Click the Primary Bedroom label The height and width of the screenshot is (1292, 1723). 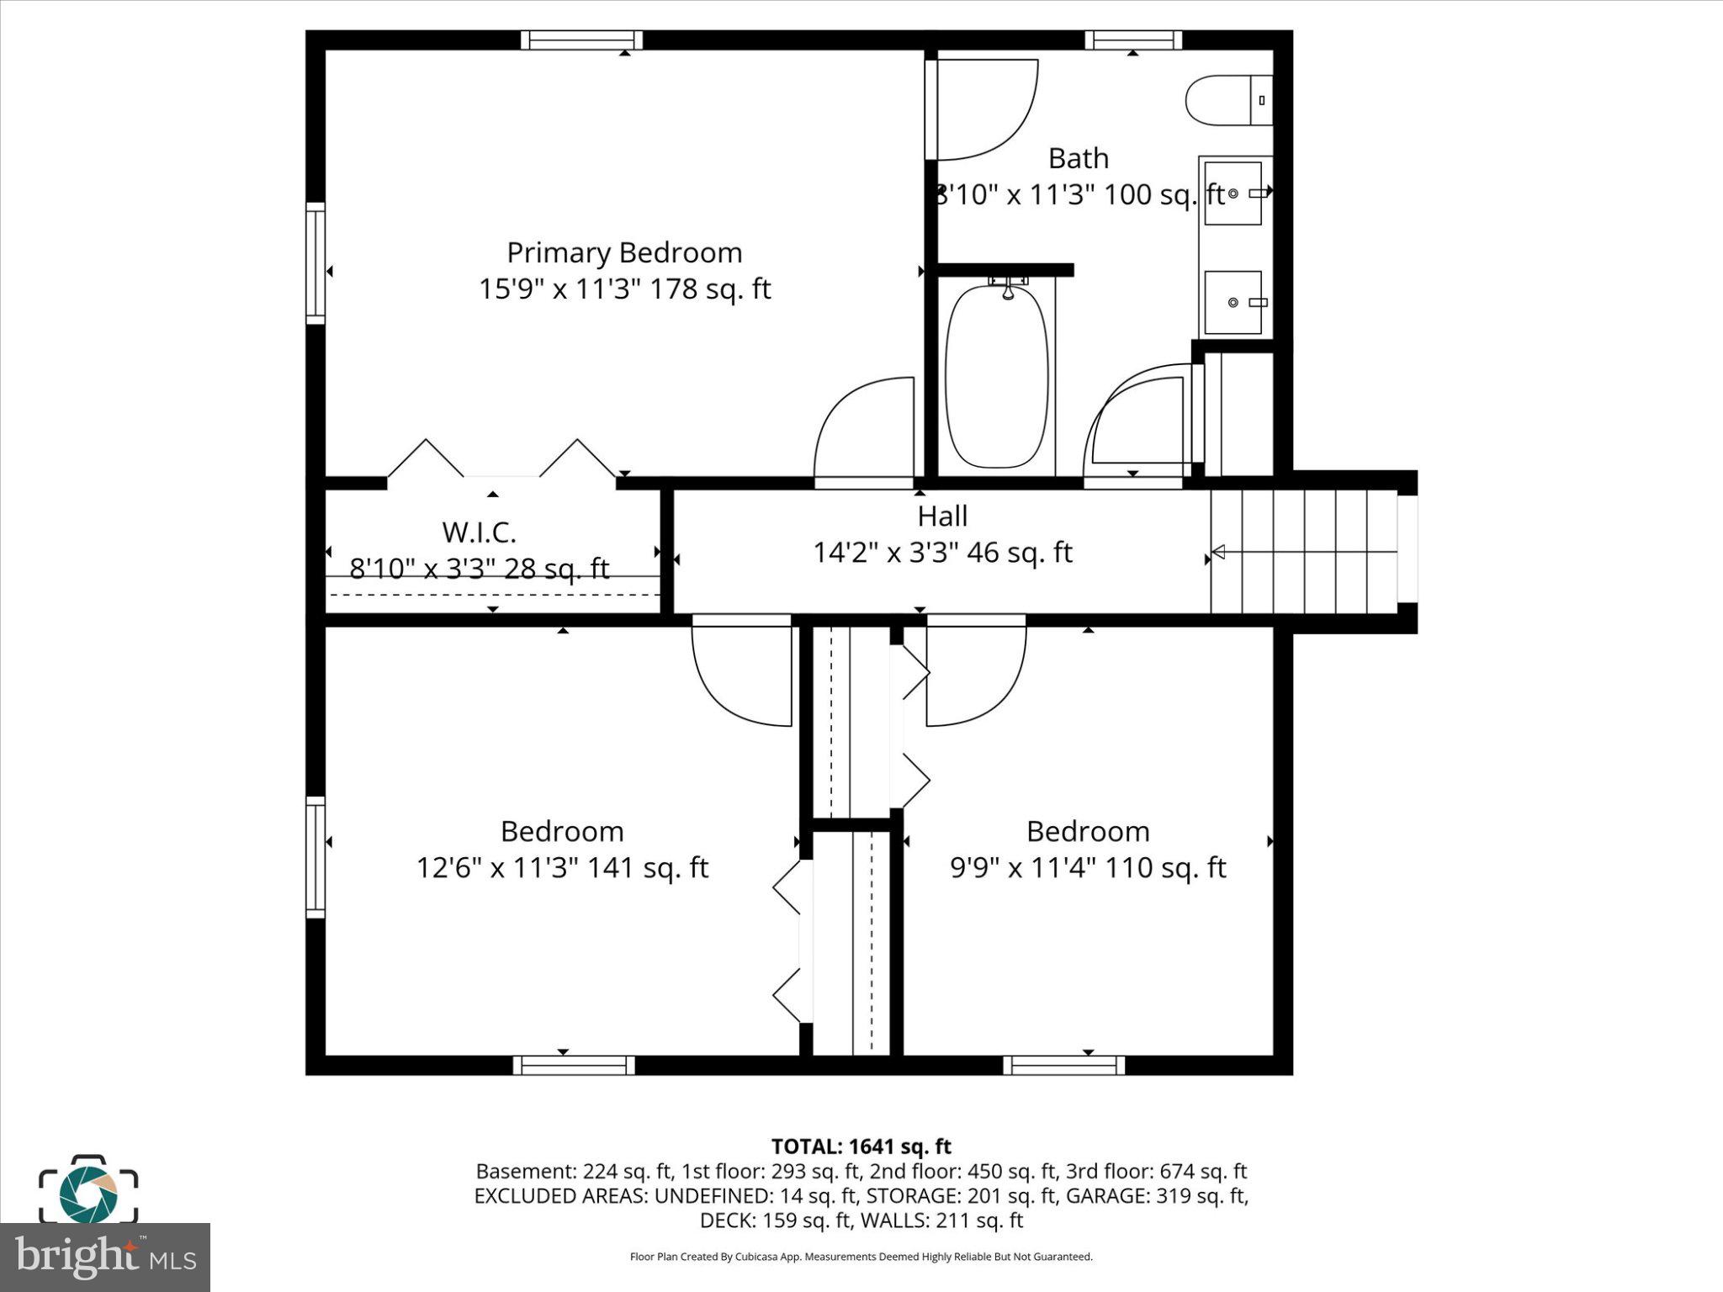[x=624, y=252]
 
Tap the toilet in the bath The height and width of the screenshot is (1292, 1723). [x=1227, y=101]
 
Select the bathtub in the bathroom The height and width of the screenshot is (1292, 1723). [x=996, y=377]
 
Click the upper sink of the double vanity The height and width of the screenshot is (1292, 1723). [x=1233, y=193]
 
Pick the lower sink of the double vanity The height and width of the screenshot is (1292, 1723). [x=1233, y=302]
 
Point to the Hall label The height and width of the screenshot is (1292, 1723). [x=942, y=516]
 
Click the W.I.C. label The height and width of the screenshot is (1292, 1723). [x=479, y=532]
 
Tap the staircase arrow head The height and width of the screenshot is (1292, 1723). [x=1217, y=552]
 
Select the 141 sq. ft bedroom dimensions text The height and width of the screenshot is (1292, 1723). [x=562, y=867]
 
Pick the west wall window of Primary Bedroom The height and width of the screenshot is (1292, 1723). [x=315, y=262]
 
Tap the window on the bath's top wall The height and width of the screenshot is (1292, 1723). [x=1132, y=40]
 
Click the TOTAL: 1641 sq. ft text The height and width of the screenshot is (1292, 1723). [x=861, y=1146]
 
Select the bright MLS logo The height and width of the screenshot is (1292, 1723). [x=104, y=1258]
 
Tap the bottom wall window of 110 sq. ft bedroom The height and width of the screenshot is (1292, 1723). [x=1063, y=1065]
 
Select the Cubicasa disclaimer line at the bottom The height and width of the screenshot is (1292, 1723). [x=861, y=1257]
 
